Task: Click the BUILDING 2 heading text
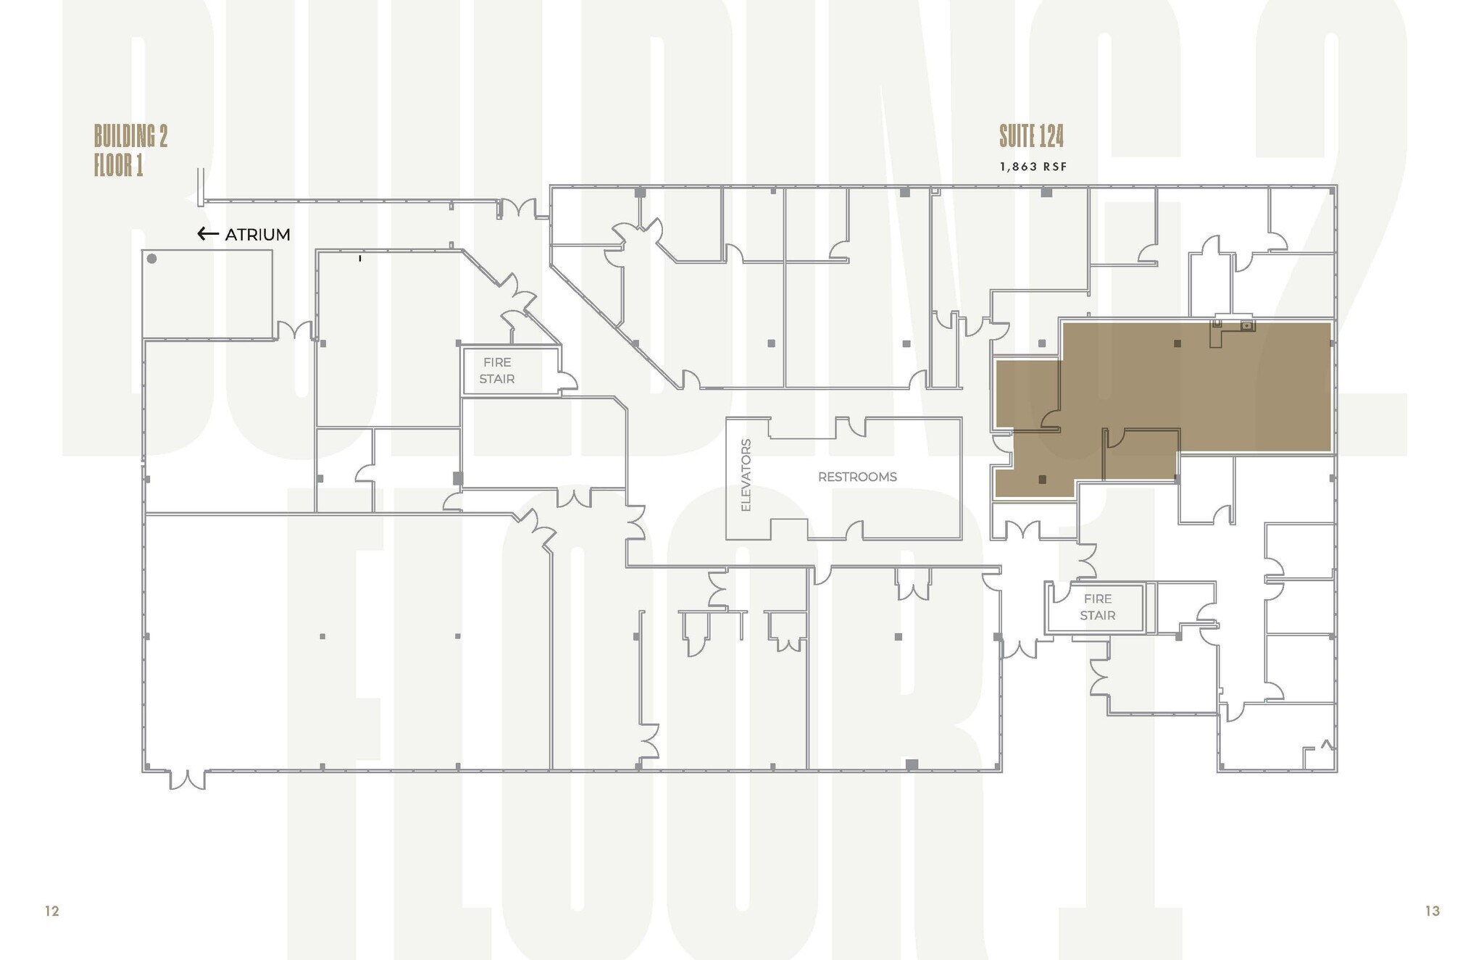[130, 136]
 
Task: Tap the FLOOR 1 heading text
[118, 166]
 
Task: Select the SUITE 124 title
[1031, 136]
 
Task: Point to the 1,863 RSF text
[1033, 167]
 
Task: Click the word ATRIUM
[257, 235]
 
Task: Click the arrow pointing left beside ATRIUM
[208, 234]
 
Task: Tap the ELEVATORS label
[746, 475]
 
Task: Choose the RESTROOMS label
[857, 477]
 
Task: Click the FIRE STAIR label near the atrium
[497, 370]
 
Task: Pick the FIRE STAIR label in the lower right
[1097, 607]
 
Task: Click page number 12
[52, 911]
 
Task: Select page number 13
[1432, 911]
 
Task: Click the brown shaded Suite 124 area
[1196, 391]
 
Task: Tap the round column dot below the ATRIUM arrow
[152, 259]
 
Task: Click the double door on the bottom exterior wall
[187, 780]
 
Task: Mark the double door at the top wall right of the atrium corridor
[518, 209]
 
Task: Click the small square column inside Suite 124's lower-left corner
[1042, 479]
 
